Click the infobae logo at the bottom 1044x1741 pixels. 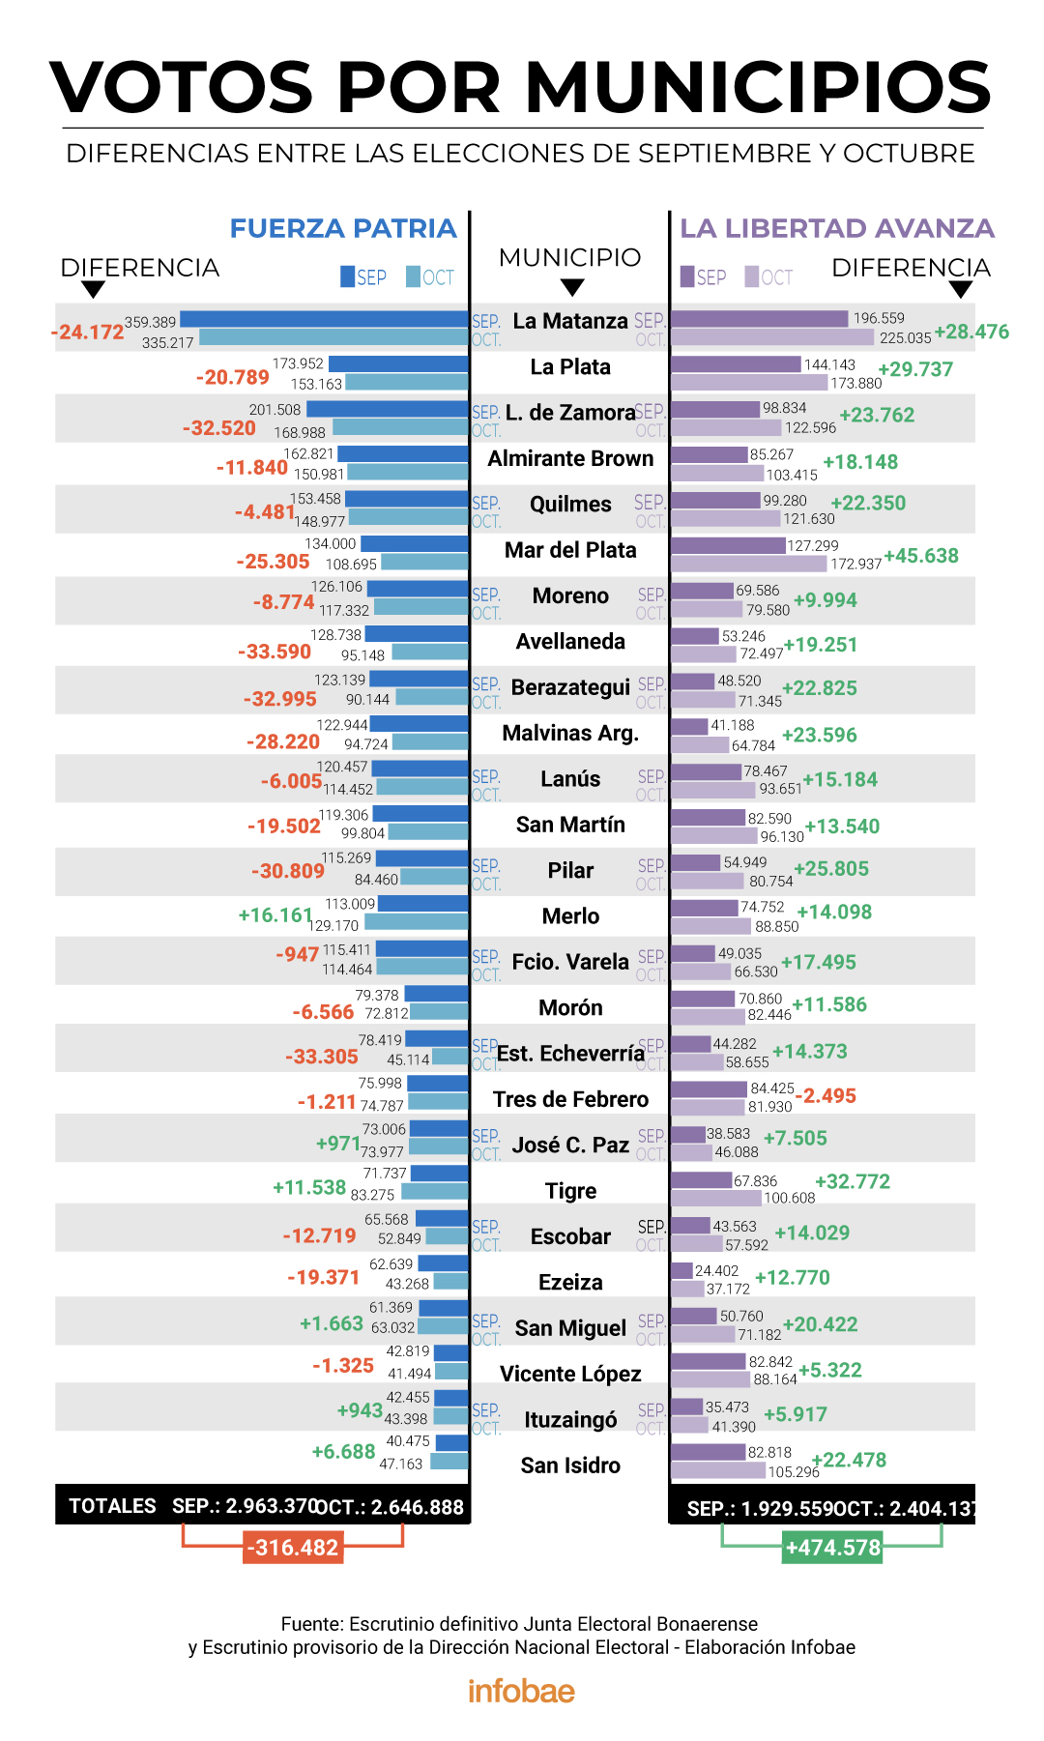(x=521, y=1691)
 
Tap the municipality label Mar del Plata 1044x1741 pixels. (x=570, y=550)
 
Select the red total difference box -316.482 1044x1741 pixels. (x=293, y=1548)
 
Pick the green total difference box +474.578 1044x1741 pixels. (x=832, y=1548)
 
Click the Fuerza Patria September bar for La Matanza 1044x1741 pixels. (x=324, y=319)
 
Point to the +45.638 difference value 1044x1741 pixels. (x=921, y=556)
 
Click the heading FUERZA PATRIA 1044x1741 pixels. (x=343, y=228)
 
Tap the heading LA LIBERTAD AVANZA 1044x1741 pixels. (x=837, y=228)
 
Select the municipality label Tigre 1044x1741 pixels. (x=570, y=1191)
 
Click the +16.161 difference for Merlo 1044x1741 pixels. (x=275, y=914)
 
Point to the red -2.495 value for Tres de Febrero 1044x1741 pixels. (x=826, y=1095)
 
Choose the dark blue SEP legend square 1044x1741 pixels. (x=348, y=277)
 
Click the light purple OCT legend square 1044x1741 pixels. (x=751, y=277)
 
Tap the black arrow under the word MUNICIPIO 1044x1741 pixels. (x=572, y=287)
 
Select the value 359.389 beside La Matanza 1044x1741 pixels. (x=150, y=322)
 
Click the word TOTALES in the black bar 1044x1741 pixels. (x=112, y=1506)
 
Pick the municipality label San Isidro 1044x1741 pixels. (x=570, y=1465)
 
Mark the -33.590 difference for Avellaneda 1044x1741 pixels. (x=275, y=652)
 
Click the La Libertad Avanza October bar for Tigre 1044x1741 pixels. (x=716, y=1199)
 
